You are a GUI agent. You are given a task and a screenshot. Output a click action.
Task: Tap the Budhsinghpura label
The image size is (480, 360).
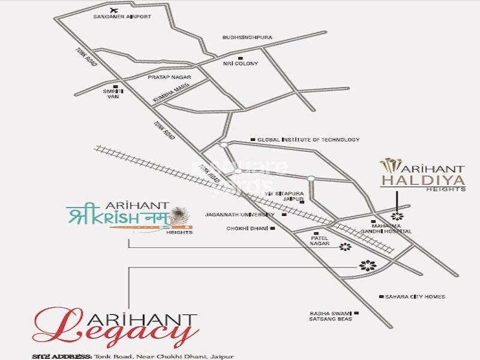(247, 37)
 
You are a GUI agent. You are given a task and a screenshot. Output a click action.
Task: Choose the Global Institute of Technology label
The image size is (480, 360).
(308, 140)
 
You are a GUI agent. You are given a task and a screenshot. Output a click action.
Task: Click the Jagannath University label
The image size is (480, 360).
(239, 214)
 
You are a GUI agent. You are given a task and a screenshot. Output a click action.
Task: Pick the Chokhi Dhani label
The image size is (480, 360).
(248, 229)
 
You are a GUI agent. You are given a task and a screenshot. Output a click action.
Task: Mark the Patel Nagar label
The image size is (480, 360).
(320, 240)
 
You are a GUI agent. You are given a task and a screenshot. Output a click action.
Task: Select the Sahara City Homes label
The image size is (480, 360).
(415, 297)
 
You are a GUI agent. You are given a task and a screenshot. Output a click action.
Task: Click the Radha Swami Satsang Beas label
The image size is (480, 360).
(331, 316)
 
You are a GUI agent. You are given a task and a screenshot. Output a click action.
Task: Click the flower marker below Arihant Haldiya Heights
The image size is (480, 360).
(396, 216)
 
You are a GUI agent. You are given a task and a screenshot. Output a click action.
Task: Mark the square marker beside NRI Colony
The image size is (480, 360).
(240, 58)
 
